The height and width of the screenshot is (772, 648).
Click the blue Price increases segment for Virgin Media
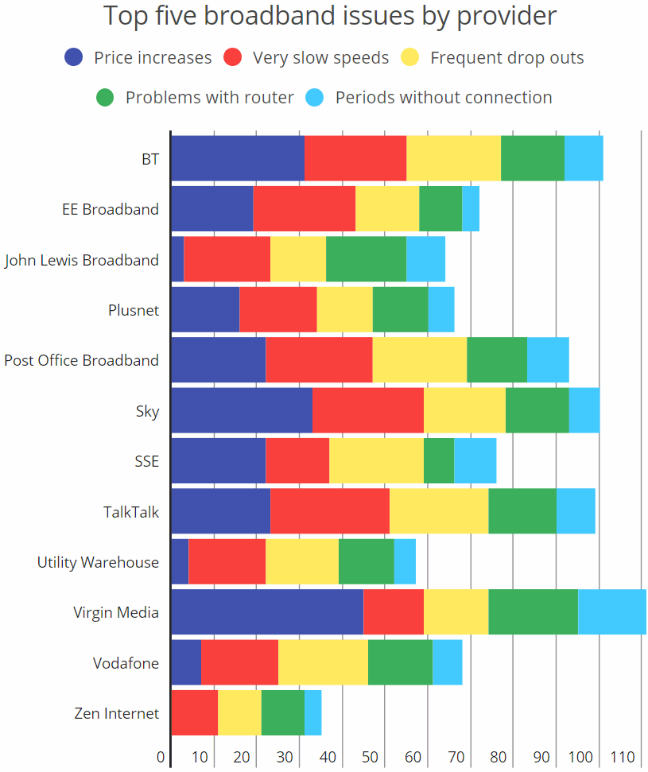(267, 612)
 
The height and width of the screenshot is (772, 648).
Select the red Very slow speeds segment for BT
(355, 158)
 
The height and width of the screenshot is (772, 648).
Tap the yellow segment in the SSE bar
(376, 460)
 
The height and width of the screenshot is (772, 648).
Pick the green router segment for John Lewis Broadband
(366, 259)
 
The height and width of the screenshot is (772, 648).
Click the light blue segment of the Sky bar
(584, 410)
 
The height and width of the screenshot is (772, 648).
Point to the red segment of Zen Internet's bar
(194, 712)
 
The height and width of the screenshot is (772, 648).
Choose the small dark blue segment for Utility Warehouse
(180, 561)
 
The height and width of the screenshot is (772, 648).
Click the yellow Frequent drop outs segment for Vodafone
(323, 662)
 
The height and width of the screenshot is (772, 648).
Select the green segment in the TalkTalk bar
(522, 511)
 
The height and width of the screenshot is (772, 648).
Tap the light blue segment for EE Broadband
(470, 209)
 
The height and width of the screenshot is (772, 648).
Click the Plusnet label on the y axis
(134, 310)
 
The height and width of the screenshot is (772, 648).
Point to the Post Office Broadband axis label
(81, 360)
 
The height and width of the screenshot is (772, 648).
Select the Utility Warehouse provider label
(98, 562)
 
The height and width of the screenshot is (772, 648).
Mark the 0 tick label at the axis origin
(161, 756)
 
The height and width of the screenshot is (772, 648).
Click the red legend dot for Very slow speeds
(232, 57)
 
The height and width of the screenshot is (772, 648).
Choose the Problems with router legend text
(209, 97)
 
